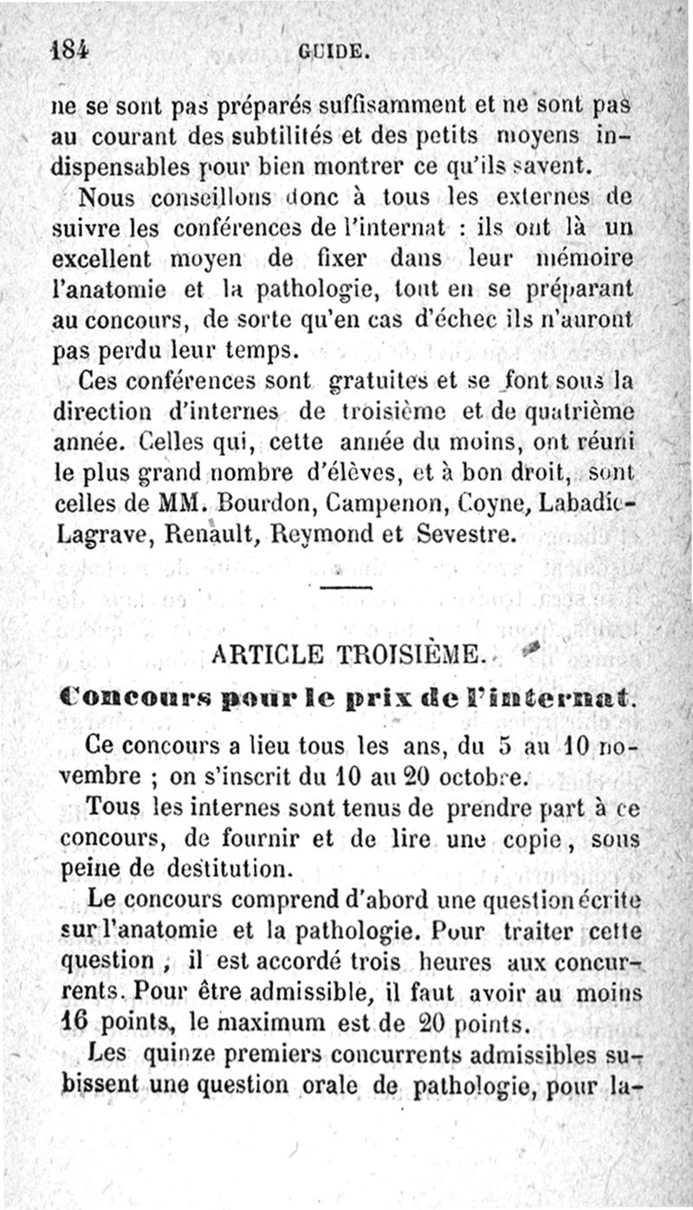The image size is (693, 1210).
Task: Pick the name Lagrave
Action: (94, 535)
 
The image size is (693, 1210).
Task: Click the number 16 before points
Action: (74, 1023)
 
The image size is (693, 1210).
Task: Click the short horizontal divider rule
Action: (346, 588)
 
